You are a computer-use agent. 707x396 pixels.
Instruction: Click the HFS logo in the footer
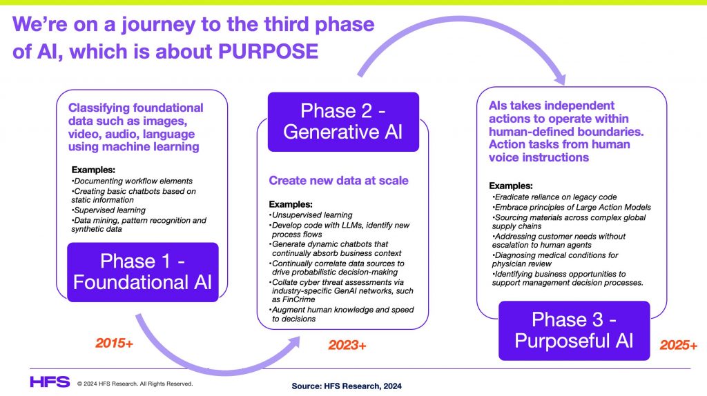coord(50,382)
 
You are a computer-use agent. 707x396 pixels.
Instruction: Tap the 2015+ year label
coord(114,344)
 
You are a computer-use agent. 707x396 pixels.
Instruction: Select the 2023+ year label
coord(347,345)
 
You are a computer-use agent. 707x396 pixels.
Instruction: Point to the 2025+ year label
coord(679,345)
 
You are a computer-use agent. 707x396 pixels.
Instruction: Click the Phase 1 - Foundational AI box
coord(142,272)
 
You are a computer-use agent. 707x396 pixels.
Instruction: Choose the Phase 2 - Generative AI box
coord(343,121)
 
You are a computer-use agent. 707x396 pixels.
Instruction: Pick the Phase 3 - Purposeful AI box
coord(574,330)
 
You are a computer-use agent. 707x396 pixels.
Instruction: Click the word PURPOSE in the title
coord(269,51)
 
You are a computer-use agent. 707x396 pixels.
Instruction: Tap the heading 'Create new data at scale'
coord(338,181)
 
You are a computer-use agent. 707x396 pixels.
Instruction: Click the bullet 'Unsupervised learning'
coord(311,215)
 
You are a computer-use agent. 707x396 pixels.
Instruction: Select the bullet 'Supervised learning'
coord(108,210)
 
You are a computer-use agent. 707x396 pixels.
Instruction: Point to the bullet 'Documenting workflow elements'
coord(132,181)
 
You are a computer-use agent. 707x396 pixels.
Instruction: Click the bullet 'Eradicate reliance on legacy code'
coord(554,197)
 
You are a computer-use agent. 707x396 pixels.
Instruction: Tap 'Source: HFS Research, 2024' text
coord(347,386)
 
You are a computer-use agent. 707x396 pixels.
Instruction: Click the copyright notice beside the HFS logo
coord(135,384)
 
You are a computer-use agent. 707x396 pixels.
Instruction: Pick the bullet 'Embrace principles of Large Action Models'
coord(571,207)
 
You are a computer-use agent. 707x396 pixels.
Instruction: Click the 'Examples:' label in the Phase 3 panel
coord(511,186)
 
